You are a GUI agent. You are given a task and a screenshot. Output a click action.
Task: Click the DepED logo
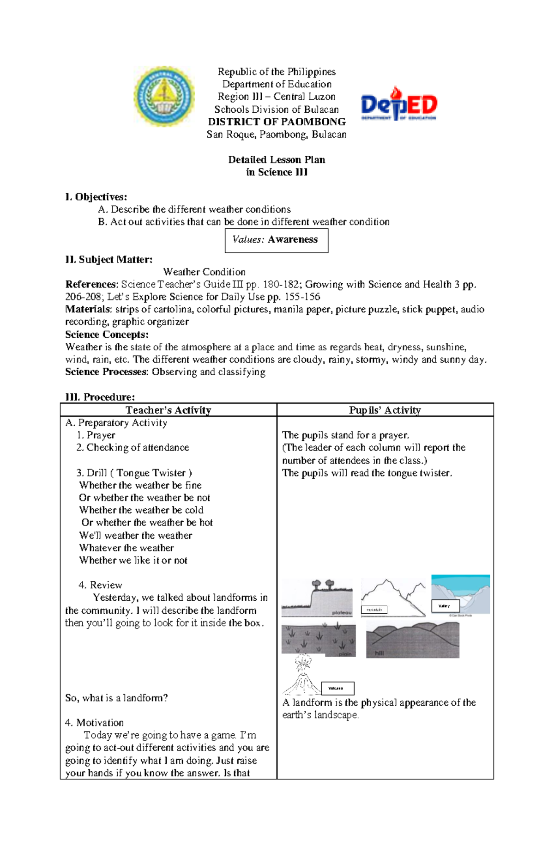[398, 104]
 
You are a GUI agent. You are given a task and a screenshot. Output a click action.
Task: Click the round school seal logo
[164, 96]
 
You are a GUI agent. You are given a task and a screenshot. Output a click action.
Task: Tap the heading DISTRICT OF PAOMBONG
[277, 122]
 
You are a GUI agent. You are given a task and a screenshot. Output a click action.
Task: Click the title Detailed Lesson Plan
[277, 159]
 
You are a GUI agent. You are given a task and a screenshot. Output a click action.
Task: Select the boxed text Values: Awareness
[276, 240]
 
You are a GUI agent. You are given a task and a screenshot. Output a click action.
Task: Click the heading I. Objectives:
[96, 197]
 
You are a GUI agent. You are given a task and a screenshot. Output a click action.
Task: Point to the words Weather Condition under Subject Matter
[205, 272]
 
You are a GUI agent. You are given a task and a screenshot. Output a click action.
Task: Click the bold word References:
[92, 284]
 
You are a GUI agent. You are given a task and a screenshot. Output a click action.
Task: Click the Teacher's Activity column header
[169, 410]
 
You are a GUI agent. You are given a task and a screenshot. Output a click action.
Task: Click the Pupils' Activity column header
[385, 410]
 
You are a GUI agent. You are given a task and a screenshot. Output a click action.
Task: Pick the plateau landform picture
[317, 597]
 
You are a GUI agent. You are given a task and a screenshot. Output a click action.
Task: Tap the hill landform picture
[412, 640]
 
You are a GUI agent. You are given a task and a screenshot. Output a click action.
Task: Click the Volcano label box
[337, 688]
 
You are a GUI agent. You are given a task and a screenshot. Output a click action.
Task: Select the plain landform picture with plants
[318, 640]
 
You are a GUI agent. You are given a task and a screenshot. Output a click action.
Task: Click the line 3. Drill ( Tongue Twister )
[134, 473]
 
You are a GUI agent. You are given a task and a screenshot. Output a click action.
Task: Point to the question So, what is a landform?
[116, 698]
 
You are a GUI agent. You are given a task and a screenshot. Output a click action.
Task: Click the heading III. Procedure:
[100, 397]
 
